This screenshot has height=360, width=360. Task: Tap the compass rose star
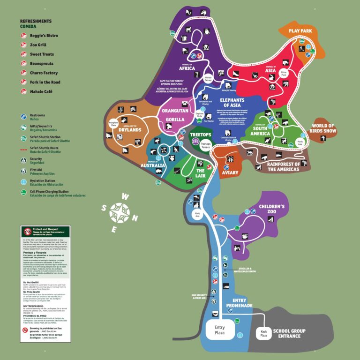120,212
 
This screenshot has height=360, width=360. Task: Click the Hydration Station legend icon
23,181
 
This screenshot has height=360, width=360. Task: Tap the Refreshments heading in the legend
36,21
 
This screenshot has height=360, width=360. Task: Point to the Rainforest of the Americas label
283,166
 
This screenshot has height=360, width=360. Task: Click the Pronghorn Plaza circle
114,125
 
